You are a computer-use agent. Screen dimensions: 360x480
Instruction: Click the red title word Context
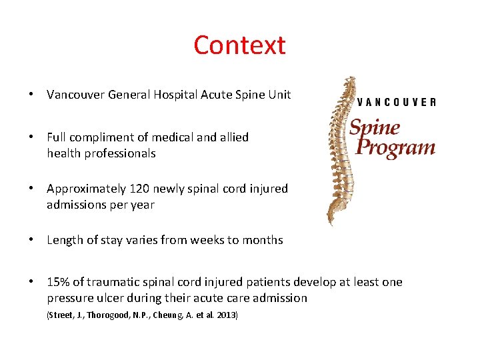click(x=239, y=45)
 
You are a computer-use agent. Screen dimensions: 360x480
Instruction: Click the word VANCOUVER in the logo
click(x=397, y=102)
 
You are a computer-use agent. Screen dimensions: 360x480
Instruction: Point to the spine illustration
click(x=341, y=150)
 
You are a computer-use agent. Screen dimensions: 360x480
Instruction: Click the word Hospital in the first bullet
click(x=179, y=95)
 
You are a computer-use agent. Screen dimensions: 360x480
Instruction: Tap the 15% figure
click(x=58, y=282)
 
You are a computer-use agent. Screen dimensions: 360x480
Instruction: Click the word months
click(x=261, y=240)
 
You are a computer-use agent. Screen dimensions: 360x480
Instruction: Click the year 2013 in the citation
click(x=226, y=315)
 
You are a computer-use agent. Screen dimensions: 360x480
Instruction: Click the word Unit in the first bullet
click(x=279, y=95)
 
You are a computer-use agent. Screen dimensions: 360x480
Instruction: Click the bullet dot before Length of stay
click(x=31, y=240)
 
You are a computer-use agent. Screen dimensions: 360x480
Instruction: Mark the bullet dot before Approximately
click(x=31, y=189)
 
